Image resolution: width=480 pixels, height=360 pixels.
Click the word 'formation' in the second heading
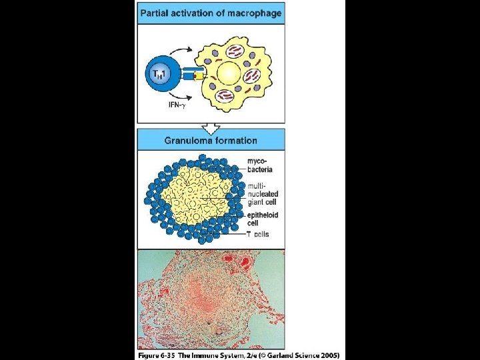pyautogui.click(x=237, y=140)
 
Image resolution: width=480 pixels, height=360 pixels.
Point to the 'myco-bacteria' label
pyautogui.click(x=259, y=165)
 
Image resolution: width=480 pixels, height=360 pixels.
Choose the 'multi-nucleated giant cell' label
pyautogui.click(x=261, y=193)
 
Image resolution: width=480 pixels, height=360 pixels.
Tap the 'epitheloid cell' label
pyautogui.click(x=262, y=219)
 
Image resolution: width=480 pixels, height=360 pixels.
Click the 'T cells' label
pyautogui.click(x=258, y=234)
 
